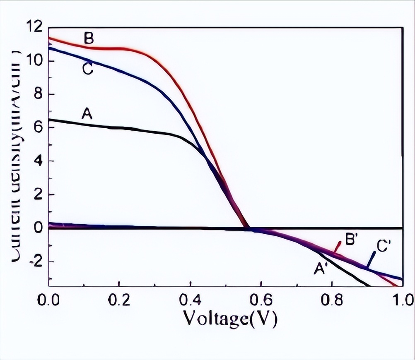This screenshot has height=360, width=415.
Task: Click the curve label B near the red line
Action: (89, 38)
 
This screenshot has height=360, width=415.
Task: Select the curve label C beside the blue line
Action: (87, 69)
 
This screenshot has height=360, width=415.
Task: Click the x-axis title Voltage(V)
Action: (230, 319)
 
